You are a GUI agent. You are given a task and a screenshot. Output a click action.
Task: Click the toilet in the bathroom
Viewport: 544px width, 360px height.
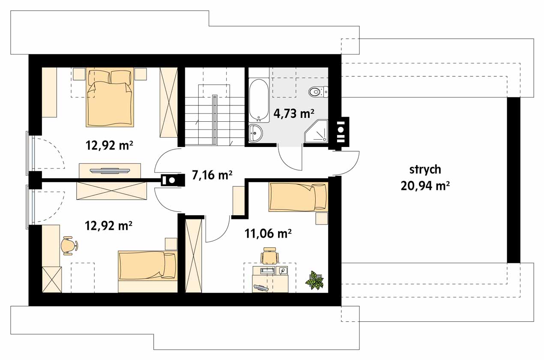point(318,92)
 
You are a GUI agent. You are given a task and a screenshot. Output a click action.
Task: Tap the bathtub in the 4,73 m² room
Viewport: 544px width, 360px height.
point(259,100)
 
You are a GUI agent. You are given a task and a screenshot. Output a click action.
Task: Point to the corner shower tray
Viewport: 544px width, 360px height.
point(316,131)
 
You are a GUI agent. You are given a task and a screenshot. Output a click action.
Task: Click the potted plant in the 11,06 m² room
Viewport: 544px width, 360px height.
point(314,280)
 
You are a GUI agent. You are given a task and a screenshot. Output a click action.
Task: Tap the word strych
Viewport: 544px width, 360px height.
point(425,169)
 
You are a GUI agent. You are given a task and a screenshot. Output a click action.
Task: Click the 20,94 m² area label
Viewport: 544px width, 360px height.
point(425,186)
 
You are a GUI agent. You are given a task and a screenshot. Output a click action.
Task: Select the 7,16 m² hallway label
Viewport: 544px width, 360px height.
point(212,175)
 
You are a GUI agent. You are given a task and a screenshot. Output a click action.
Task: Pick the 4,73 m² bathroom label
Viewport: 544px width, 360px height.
point(294,113)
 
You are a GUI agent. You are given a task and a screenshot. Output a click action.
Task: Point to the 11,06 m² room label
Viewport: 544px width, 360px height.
point(268,234)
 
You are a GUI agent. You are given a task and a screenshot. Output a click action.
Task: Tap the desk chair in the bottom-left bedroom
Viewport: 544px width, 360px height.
point(69,246)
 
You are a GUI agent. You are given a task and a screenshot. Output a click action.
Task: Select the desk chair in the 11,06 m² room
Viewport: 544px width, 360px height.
point(269,255)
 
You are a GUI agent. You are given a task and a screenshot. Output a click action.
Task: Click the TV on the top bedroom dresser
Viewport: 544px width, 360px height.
point(110,171)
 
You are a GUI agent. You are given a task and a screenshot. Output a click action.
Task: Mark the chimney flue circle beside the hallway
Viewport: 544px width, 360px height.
point(172,180)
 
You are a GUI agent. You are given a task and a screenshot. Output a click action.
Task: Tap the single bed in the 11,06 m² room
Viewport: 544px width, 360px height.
point(299,197)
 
